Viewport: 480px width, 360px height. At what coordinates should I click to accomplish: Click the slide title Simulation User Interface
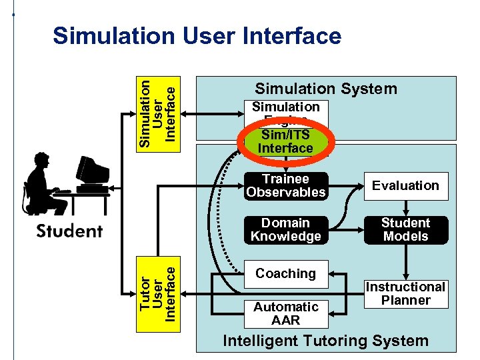click(x=197, y=35)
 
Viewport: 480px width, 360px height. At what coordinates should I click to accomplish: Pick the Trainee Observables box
click(x=285, y=186)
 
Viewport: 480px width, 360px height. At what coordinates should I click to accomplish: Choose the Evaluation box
click(x=405, y=186)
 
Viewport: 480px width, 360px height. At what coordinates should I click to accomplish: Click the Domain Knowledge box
click(x=285, y=230)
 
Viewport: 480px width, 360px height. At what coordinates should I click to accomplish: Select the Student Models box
click(x=405, y=230)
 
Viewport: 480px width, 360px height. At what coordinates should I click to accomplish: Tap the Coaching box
click(x=285, y=273)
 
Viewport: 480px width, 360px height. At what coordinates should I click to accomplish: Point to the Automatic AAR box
click(x=285, y=313)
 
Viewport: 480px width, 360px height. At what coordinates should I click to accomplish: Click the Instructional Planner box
click(x=405, y=293)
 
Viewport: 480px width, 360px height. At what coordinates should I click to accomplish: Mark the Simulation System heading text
click(x=326, y=89)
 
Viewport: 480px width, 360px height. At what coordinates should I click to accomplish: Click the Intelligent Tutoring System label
click(x=325, y=341)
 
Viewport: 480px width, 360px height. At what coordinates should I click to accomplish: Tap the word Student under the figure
click(x=69, y=231)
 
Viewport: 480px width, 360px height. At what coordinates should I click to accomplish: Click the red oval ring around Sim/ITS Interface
click(x=245, y=141)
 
